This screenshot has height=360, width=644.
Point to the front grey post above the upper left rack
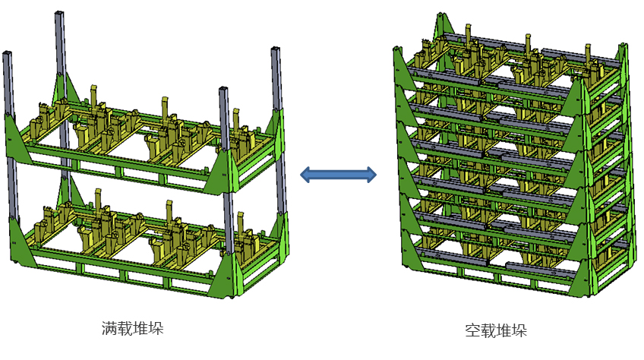[x=225, y=122]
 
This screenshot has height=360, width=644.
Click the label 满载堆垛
[x=133, y=328]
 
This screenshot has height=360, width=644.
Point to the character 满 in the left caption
[x=109, y=328]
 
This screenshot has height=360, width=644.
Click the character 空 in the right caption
[x=472, y=331]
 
